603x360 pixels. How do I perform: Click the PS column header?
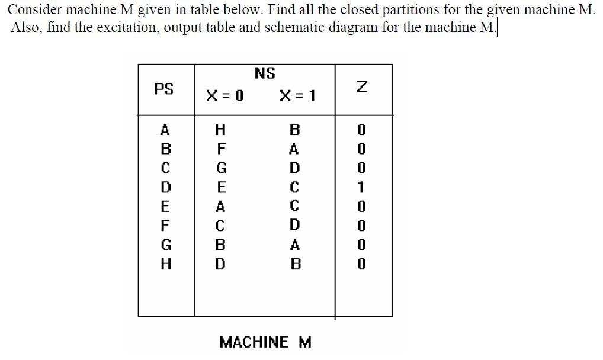point(163,89)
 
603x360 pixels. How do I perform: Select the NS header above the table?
point(265,73)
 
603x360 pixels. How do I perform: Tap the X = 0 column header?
point(224,95)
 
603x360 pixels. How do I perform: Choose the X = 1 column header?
point(297,95)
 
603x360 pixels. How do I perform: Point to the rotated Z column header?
point(364,88)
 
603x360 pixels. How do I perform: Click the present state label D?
point(165,188)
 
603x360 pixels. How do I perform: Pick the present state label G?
point(165,245)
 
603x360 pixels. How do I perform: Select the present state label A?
point(165,130)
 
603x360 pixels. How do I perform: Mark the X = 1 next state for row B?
point(294,149)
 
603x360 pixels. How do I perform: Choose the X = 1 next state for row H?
point(294,264)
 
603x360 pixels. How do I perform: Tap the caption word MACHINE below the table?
point(254,342)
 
